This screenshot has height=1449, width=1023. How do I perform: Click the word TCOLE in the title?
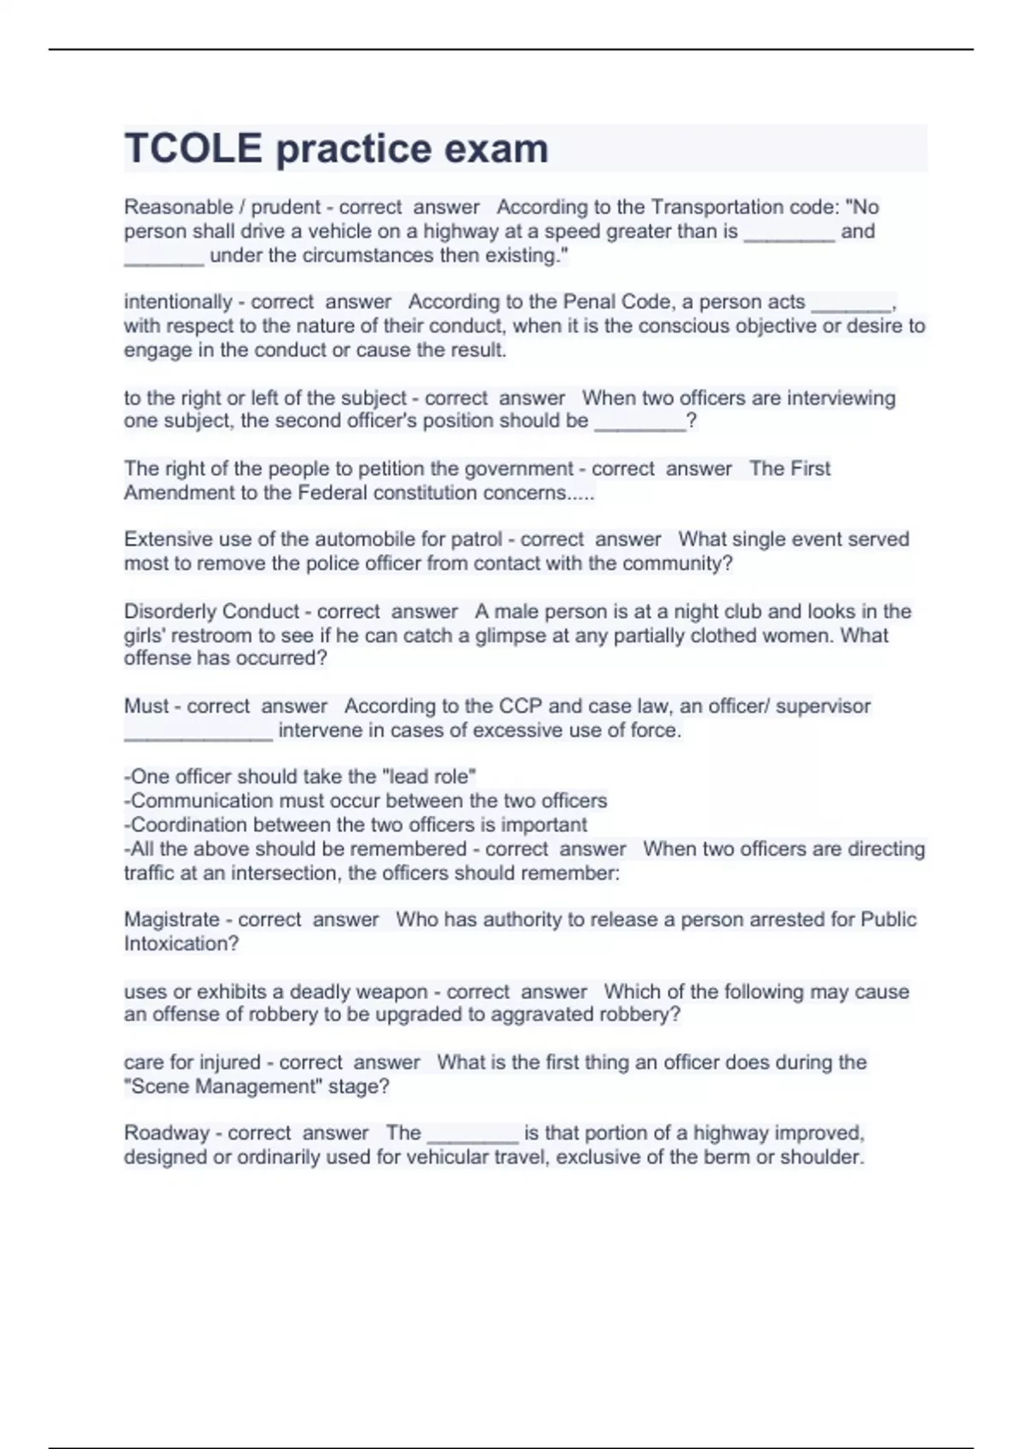click(x=194, y=148)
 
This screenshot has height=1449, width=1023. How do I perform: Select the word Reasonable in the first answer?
click(x=178, y=207)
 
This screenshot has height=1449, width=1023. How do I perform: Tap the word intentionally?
click(x=177, y=302)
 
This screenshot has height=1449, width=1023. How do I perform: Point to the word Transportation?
click(x=722, y=207)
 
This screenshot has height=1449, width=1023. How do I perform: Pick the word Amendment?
click(x=172, y=493)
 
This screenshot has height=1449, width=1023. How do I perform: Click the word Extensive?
click(x=167, y=540)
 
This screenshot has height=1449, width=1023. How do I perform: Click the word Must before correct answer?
click(x=147, y=706)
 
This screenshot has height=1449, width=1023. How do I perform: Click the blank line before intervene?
click(x=198, y=731)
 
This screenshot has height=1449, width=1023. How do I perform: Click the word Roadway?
click(x=166, y=1133)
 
